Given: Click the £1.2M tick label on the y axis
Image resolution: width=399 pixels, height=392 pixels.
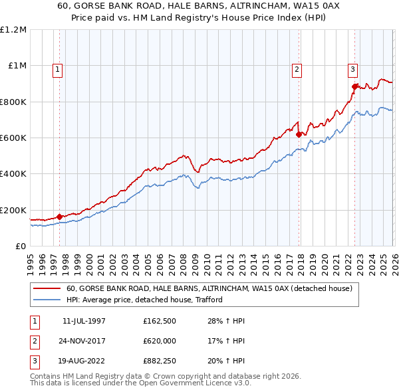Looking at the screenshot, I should [x=14, y=30].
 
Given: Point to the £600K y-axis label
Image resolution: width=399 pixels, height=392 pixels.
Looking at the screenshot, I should [x=13, y=138].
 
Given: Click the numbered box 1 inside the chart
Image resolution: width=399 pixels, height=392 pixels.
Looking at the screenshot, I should [x=59, y=68].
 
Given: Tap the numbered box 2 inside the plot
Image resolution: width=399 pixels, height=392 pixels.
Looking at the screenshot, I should [x=297, y=68].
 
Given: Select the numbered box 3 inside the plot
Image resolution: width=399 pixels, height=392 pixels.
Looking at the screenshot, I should [x=352, y=68].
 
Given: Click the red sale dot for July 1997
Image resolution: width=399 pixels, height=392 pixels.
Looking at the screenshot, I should [x=60, y=217].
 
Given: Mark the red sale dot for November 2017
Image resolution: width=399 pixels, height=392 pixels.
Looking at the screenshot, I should [x=299, y=134].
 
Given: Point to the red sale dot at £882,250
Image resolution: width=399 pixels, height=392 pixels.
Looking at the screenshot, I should [x=354, y=86].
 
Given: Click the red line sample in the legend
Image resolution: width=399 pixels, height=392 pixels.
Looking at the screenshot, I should [x=48, y=289].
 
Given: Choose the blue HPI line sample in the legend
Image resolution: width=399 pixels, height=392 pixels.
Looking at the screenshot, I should [x=48, y=300].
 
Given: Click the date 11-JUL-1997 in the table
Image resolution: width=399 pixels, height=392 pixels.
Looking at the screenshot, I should [x=84, y=321].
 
